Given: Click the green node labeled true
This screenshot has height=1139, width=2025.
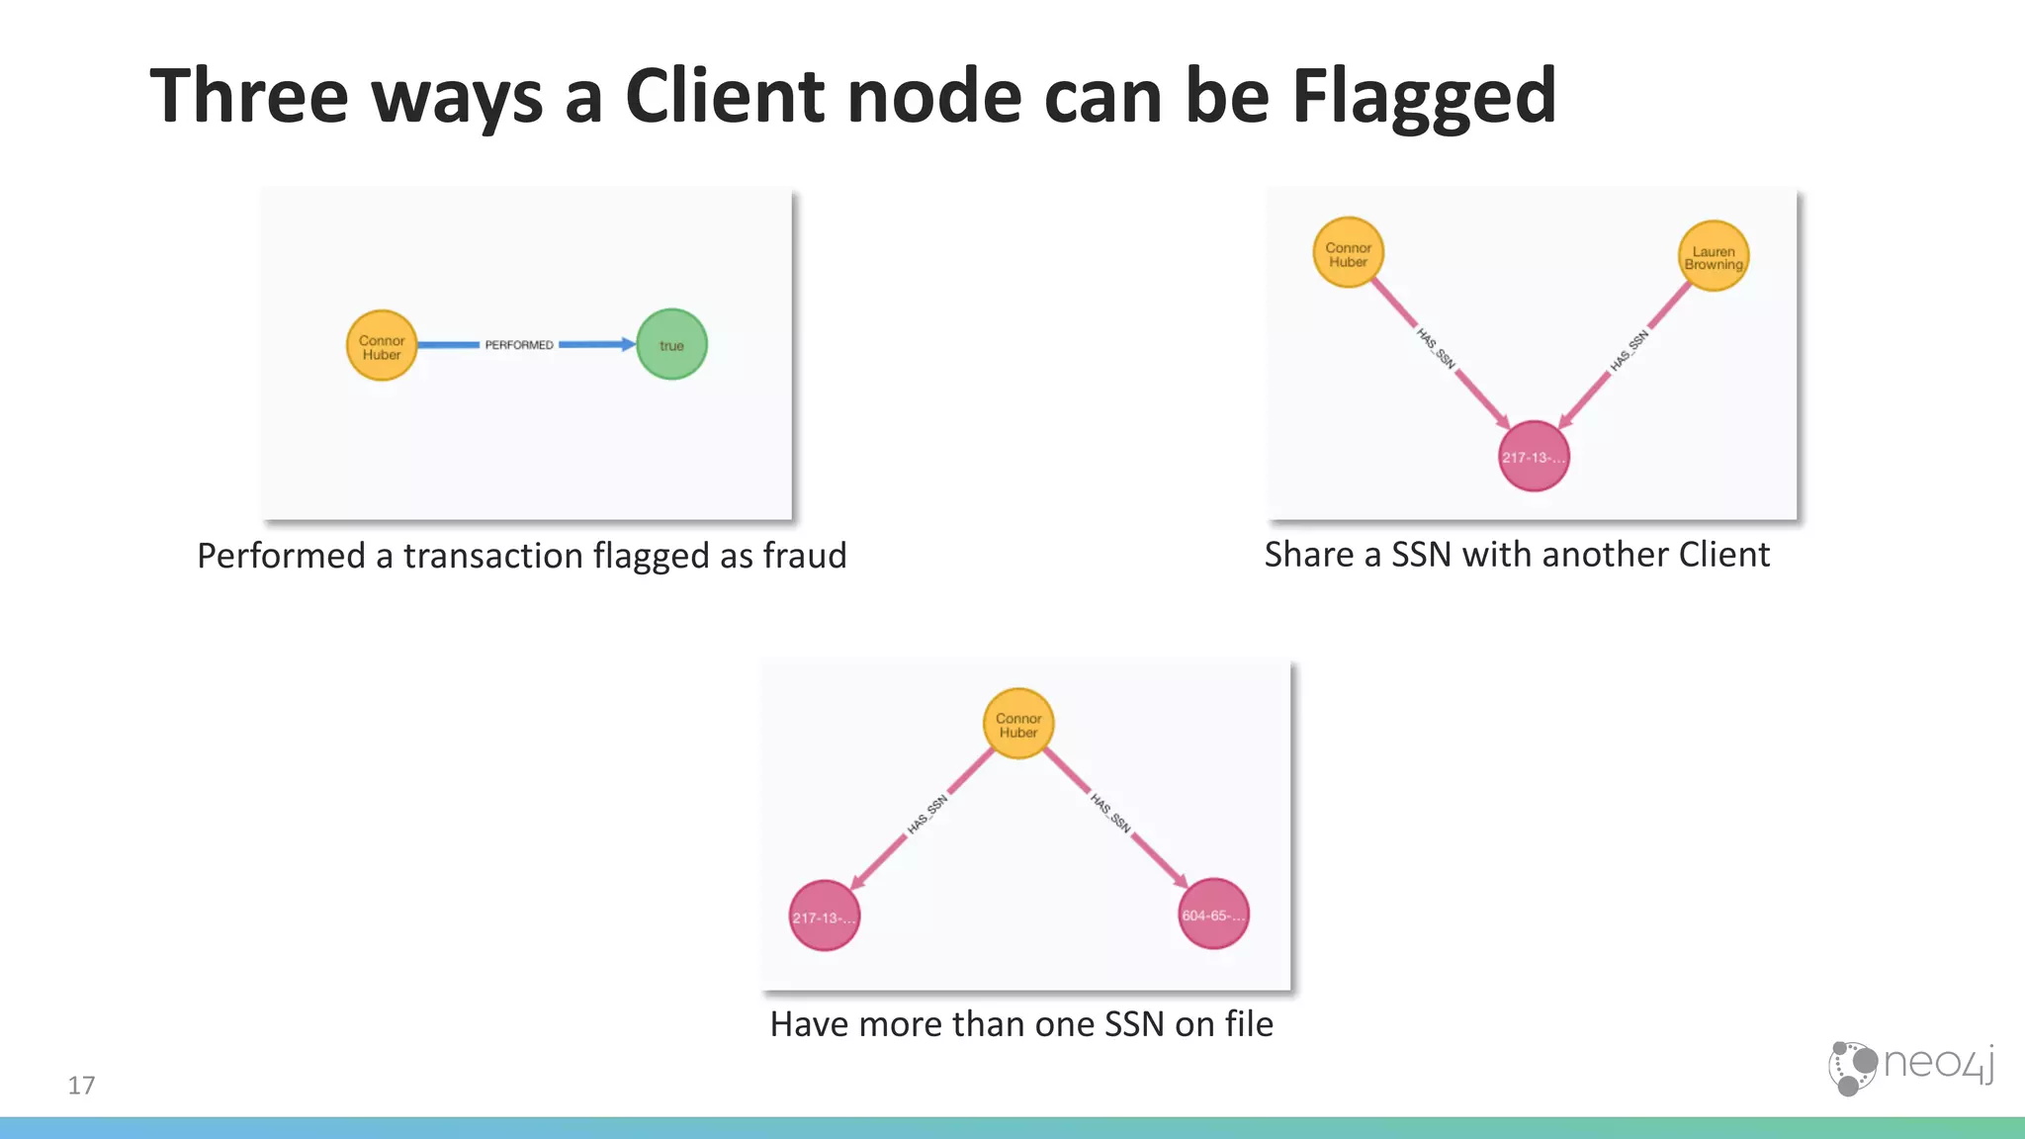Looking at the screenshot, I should point(671,345).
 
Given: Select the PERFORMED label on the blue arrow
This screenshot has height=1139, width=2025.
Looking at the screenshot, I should point(518,345).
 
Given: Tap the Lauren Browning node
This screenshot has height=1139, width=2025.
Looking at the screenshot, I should point(1714,257).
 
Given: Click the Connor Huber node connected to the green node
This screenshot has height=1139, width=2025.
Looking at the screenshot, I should point(382,346).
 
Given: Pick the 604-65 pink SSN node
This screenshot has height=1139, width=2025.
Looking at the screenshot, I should point(1213,915).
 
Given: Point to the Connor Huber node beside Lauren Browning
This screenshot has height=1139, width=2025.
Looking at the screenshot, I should point(1348,254).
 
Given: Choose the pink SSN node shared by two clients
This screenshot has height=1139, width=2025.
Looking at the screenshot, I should point(1534,457).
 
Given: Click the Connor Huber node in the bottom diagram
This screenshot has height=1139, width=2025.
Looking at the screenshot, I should point(1018,725).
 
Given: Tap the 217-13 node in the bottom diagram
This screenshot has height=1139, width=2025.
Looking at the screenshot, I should point(824,917).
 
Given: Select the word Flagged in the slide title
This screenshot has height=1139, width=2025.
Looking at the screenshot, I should point(1424,97).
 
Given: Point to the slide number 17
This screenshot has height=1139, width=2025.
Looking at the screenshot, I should point(81,1086).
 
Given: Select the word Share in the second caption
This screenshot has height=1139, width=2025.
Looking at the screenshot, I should point(1309,555).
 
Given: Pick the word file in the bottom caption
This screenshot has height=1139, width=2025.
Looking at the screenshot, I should point(1249,1024).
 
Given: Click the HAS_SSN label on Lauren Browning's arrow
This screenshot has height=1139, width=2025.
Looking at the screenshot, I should point(1629,352).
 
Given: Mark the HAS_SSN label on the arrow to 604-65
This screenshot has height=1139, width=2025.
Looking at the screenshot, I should point(1110,812).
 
